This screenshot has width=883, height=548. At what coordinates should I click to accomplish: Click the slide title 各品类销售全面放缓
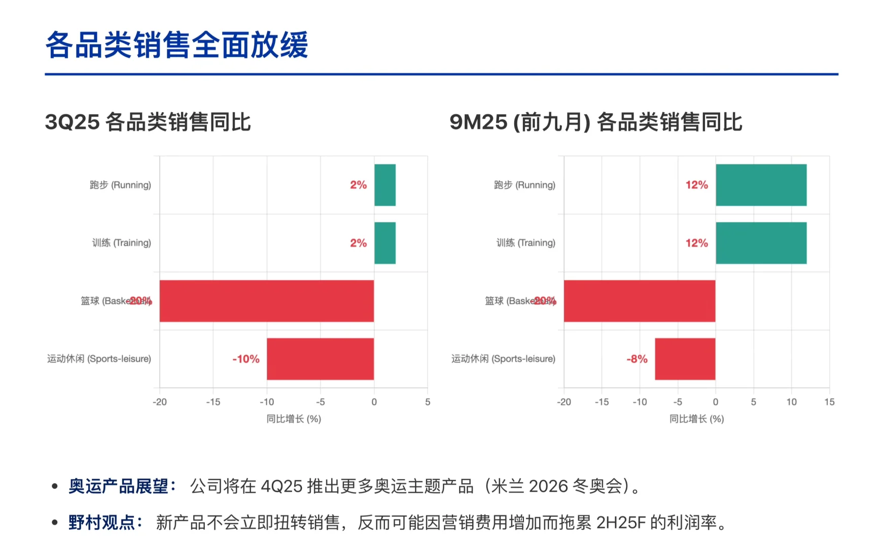click(176, 45)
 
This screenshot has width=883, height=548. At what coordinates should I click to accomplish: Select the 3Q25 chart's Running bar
click(384, 185)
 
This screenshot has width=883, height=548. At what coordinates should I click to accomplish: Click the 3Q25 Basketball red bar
click(266, 301)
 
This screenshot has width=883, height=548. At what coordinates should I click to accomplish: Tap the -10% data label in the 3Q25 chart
click(246, 359)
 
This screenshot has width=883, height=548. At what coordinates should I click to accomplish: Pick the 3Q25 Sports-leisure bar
click(320, 359)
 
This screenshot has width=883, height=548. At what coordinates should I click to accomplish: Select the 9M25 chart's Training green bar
click(761, 243)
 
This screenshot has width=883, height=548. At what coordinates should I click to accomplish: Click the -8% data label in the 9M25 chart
click(637, 359)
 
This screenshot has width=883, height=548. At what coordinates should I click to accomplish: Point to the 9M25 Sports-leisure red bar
click(685, 359)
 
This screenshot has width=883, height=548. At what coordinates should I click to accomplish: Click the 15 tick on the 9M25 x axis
click(829, 402)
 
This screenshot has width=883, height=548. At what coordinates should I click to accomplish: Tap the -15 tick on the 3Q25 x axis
click(213, 402)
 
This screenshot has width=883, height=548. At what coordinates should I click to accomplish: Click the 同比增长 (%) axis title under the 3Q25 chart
click(294, 419)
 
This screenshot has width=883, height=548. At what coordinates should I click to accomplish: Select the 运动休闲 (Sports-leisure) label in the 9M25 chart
click(503, 359)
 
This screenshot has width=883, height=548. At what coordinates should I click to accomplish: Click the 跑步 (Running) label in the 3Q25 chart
click(120, 185)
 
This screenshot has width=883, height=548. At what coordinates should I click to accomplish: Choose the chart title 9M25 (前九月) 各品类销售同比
click(595, 122)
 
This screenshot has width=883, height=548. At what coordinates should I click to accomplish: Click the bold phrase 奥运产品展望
click(118, 486)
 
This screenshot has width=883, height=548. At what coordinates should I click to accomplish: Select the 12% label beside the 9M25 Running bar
click(696, 185)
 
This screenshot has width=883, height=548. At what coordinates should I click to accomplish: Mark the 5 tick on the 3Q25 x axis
click(428, 402)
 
